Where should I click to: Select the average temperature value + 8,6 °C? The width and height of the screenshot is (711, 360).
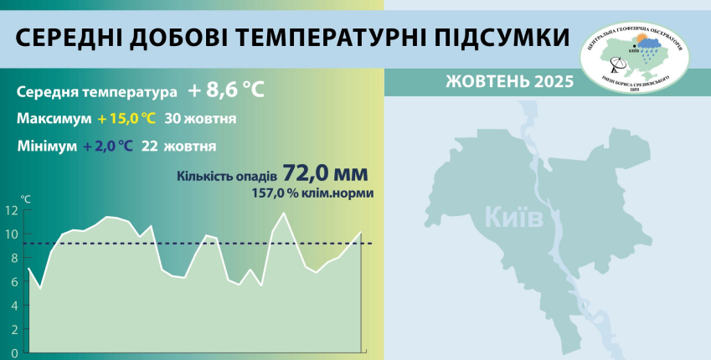pyautogui.click(x=226, y=90)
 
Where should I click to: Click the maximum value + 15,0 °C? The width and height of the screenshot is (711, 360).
pyautogui.click(x=126, y=119)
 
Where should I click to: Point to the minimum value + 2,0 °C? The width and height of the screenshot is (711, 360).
pyautogui.click(x=108, y=146)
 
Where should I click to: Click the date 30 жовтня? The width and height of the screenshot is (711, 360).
pyautogui.click(x=200, y=119)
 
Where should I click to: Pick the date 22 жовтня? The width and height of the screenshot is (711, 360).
pyautogui.click(x=180, y=146)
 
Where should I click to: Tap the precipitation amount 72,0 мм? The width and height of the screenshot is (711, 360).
pyautogui.click(x=325, y=173)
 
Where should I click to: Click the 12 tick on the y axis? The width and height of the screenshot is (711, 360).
pyautogui.click(x=12, y=211)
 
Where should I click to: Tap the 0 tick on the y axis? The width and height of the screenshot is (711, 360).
pyautogui.click(x=14, y=352)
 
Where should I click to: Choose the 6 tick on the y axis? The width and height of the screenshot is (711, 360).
pyautogui.click(x=14, y=282)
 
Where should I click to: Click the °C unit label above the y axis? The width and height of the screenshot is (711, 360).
pyautogui.click(x=27, y=199)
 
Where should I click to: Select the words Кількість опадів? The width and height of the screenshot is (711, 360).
pyautogui.click(x=226, y=176)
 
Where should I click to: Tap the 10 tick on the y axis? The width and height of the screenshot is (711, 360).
pyautogui.click(x=12, y=234)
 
